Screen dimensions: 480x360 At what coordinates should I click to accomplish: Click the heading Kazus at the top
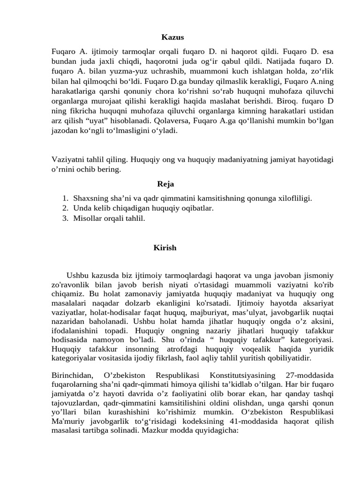[x=172, y=37]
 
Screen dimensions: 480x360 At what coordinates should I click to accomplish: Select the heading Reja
[x=165, y=184]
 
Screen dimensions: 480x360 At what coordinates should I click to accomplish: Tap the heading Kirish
[x=165, y=247]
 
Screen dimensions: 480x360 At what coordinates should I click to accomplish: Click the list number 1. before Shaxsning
[x=66, y=198]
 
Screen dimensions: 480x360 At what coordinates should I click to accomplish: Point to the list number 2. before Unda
[x=66, y=208]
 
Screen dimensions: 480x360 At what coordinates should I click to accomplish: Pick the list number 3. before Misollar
[x=66, y=218]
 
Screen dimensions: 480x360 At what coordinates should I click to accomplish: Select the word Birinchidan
[x=73, y=376]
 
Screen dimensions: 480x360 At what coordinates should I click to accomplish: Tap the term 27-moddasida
[x=309, y=376]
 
